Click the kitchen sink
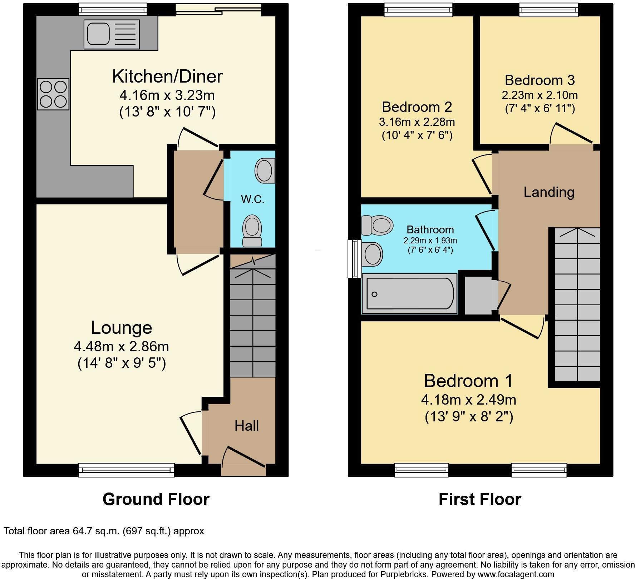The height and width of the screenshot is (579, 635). click(112, 34)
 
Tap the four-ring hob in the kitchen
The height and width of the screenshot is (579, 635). click(53, 94)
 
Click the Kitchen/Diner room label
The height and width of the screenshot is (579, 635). click(167, 76)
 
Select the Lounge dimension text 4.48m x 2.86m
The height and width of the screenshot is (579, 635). click(121, 346)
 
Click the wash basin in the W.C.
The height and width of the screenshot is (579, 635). click(265, 170)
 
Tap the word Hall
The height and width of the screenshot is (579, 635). click(247, 426)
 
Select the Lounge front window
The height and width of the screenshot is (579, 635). click(126, 470)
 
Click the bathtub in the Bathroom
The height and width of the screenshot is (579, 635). click(409, 294)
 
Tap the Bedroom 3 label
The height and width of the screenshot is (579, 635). click(540, 80)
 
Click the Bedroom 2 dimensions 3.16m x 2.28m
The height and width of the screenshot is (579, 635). click(417, 122)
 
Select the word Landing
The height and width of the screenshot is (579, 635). click(549, 192)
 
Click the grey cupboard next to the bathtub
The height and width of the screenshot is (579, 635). click(478, 295)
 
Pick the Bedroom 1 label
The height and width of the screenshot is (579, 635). click(468, 381)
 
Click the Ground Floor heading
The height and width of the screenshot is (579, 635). click(156, 499)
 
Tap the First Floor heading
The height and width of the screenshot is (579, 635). click(480, 499)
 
